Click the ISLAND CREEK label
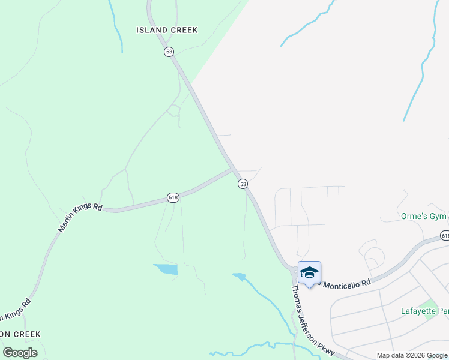[x=167, y=30]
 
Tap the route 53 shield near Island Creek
[x=169, y=52]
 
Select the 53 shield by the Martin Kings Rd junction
[x=243, y=184]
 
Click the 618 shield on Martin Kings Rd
[x=173, y=197]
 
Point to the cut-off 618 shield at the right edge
[x=445, y=236]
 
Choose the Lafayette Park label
[x=424, y=311]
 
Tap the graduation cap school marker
[x=309, y=273]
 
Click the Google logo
[x=20, y=353]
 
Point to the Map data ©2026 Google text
[x=411, y=355]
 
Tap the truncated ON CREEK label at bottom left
[x=20, y=334]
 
